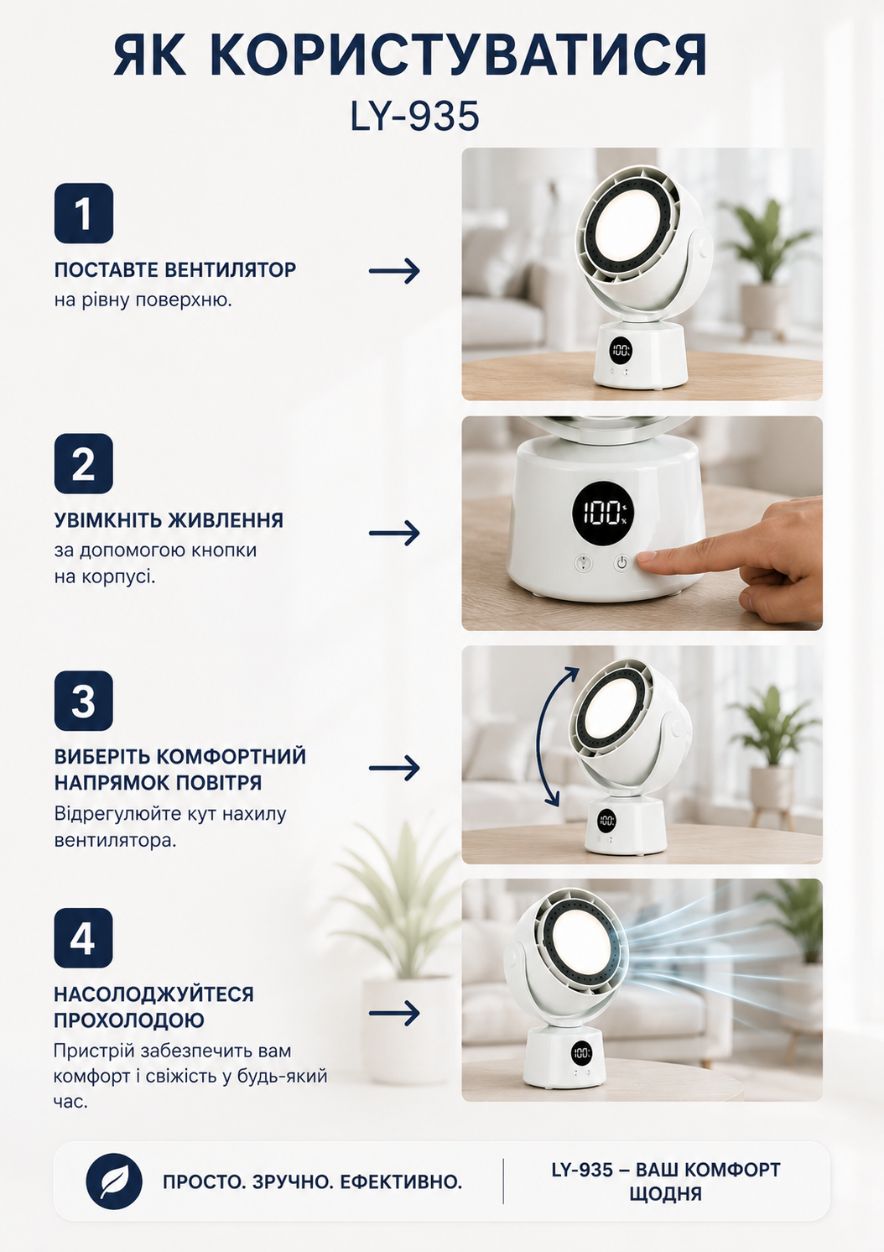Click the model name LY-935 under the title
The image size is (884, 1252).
tap(414, 117)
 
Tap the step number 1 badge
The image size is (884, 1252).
tap(83, 213)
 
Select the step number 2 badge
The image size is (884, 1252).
tap(83, 463)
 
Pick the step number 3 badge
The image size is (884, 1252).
tap(83, 701)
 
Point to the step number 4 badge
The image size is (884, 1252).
tap(83, 938)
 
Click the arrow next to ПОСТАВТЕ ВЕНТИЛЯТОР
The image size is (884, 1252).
tap(394, 271)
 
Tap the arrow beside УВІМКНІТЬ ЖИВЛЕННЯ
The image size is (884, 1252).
tap(394, 533)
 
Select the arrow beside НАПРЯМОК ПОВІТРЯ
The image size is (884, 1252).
tap(394, 768)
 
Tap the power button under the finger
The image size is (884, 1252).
tap(622, 562)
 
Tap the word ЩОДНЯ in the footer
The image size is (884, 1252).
tap(665, 1194)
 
